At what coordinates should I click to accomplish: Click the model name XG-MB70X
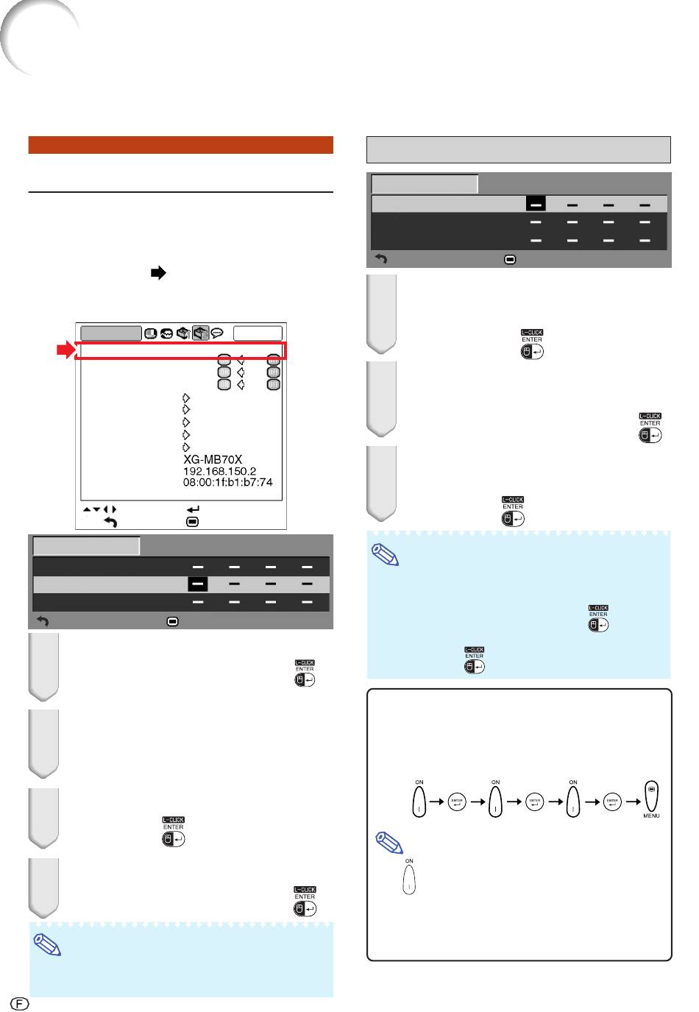tap(213, 459)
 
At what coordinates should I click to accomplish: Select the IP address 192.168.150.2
tap(219, 471)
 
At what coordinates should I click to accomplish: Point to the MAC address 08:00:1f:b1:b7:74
tap(227, 483)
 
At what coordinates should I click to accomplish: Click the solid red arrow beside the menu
tap(66, 351)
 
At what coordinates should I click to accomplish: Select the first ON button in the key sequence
tap(419, 801)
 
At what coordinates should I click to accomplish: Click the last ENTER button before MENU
tap(612, 802)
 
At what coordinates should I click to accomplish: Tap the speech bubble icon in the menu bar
tap(217, 333)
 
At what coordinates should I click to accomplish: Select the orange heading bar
tap(180, 145)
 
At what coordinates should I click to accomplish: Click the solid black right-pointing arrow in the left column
tap(157, 273)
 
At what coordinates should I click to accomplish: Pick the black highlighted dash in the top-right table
tap(536, 204)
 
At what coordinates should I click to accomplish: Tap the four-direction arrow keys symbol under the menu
tap(99, 509)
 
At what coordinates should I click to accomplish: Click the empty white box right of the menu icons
tap(258, 333)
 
